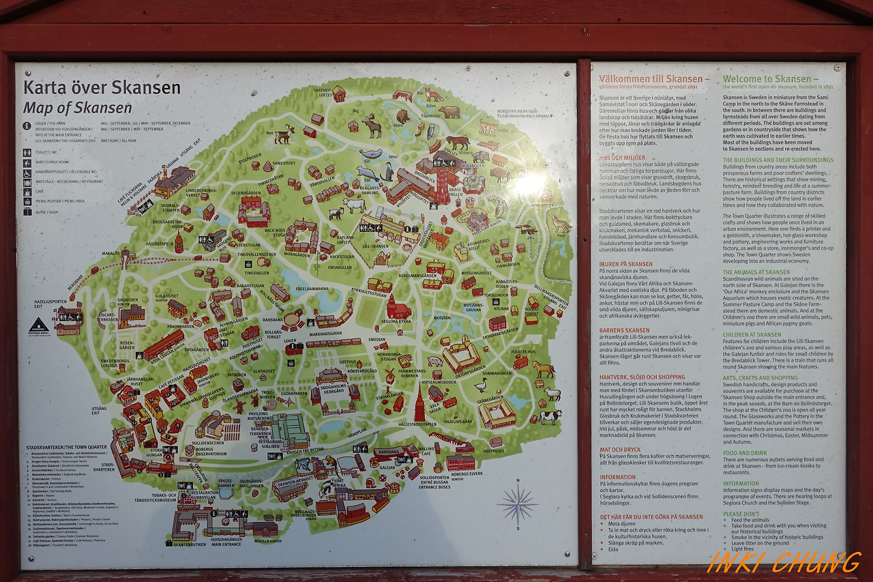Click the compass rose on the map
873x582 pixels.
pyautogui.click(x=518, y=504)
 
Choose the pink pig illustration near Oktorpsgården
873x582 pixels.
pyautogui.click(x=434, y=361)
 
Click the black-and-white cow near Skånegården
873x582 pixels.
pyautogui.click(x=550, y=416)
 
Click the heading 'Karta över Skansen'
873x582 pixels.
pyautogui.click(x=102, y=87)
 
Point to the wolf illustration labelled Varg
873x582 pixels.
pyautogui.click(x=561, y=224)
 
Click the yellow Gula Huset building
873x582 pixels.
pyautogui.click(x=177, y=309)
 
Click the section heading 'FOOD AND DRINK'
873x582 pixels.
pyautogui.click(x=745, y=453)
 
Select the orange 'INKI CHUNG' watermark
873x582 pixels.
pyautogui.click(x=784, y=562)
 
